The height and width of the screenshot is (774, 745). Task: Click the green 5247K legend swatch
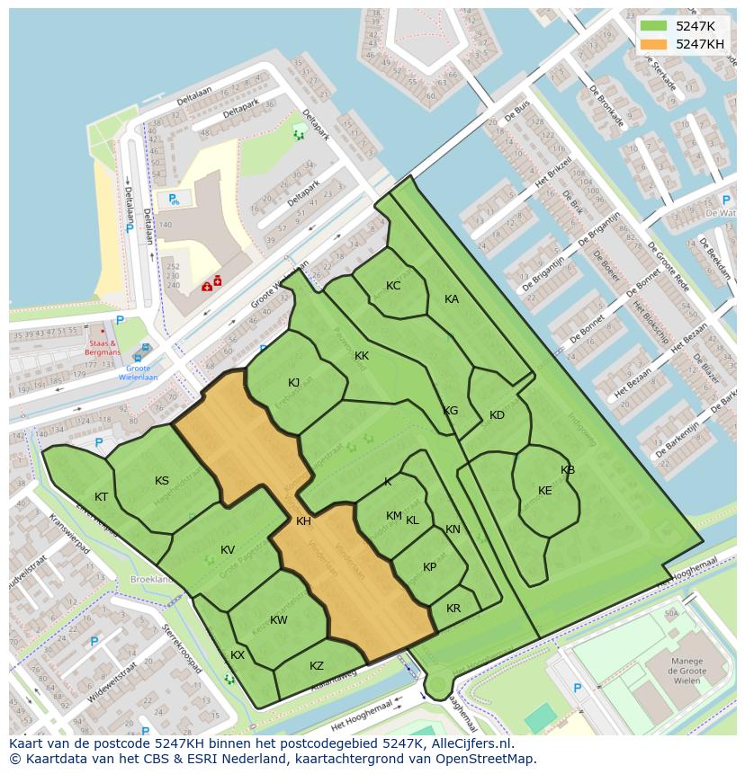653,26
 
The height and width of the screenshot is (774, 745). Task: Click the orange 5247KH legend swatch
653,44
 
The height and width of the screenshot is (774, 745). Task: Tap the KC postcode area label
393,286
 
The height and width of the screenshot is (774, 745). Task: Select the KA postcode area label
452,299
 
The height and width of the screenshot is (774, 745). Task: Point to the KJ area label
294,383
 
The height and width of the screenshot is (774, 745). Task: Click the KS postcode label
162,481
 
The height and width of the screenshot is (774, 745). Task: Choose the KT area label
102,497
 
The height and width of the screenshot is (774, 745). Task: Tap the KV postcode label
228,550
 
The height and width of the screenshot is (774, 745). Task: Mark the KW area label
279,620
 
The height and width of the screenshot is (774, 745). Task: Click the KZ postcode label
317,666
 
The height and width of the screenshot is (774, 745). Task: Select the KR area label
453,609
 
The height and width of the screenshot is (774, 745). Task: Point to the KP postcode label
429,567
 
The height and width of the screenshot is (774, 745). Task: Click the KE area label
544,491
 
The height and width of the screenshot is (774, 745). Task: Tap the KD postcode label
497,415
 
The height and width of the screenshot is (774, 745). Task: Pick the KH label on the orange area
304,521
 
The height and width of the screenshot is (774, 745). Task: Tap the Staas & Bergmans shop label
104,348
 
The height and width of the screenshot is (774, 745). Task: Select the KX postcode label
238,655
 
